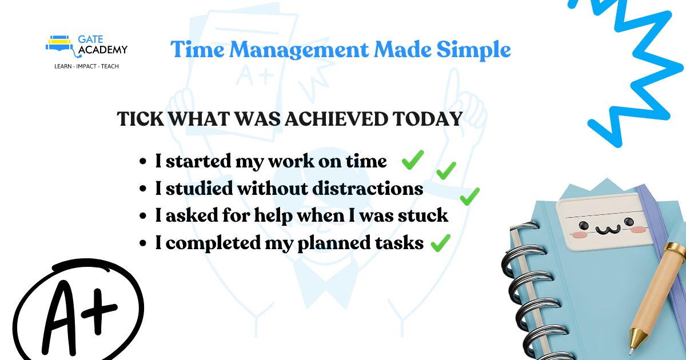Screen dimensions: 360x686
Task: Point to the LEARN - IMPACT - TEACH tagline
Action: [82, 66]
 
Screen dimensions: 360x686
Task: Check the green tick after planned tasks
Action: [440, 244]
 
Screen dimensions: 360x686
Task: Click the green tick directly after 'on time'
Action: [412, 160]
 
